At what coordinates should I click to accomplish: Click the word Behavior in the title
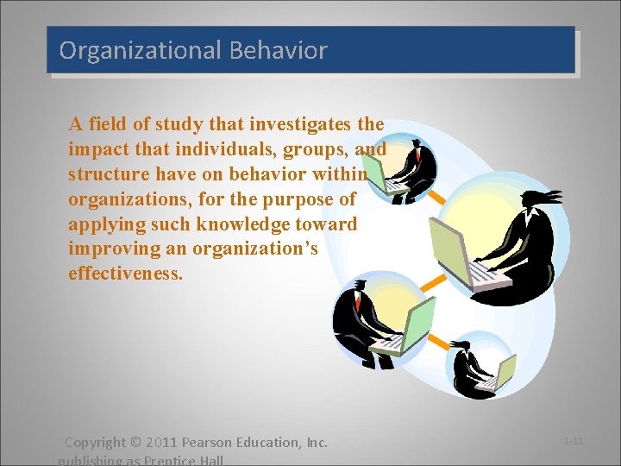tap(279, 51)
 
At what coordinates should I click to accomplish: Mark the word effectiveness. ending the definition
tap(125, 274)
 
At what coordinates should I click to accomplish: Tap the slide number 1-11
tap(574, 441)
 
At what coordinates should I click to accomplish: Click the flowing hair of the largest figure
tap(543, 196)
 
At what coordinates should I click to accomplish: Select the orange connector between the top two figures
tap(438, 198)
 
